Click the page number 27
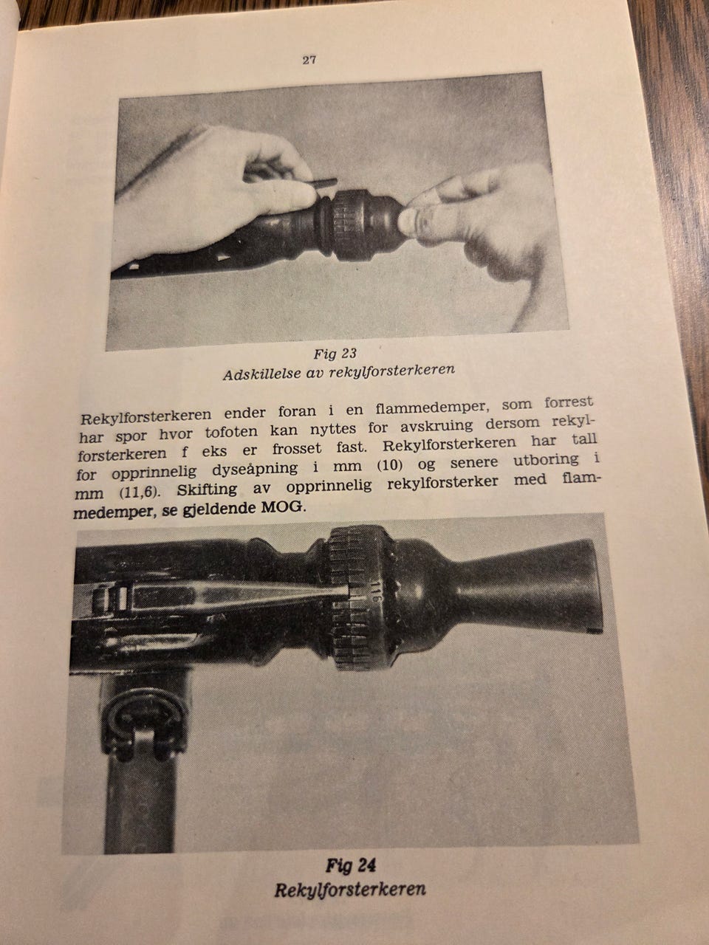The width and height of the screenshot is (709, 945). pyautogui.click(x=309, y=61)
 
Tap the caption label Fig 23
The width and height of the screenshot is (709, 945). pyautogui.click(x=335, y=354)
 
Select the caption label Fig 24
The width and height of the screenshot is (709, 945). pyautogui.click(x=351, y=866)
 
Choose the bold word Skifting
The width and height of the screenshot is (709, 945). pyautogui.click(x=207, y=490)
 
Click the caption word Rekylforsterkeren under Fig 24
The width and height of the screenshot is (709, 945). pyautogui.click(x=350, y=890)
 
